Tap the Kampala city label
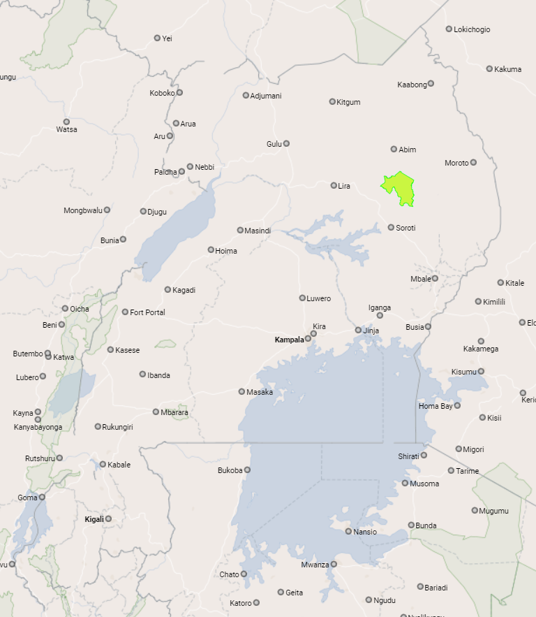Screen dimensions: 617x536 point(289,340)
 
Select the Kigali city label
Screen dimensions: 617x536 point(94,519)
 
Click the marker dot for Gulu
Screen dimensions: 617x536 point(286,144)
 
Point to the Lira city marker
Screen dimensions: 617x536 point(334,186)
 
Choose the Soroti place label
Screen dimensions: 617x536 point(405,228)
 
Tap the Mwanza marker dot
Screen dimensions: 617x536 point(334,565)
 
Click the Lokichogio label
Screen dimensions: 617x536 point(472,29)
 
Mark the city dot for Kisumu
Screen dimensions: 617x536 point(481,372)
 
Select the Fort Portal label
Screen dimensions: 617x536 point(147,312)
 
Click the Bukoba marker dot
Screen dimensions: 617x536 point(247,470)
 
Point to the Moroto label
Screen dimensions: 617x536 point(456,163)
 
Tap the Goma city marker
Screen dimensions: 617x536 point(42,498)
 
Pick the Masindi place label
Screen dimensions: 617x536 point(258,231)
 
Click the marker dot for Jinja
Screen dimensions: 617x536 point(358,331)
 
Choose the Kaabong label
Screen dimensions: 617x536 point(412,85)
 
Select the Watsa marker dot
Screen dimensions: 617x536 point(66,122)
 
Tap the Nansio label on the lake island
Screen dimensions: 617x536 point(365,532)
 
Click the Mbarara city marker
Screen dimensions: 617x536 point(156,412)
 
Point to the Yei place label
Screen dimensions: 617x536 point(167,38)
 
